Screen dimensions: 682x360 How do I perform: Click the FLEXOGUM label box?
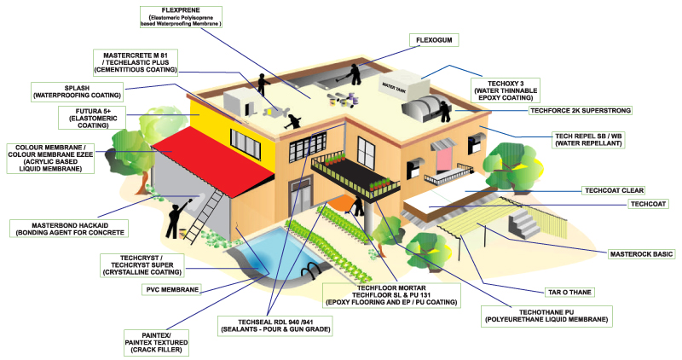point(434,40)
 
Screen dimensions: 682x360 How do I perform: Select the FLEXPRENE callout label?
point(181,17)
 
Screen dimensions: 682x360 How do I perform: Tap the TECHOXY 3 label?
point(506,90)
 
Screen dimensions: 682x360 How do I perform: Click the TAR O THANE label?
point(569,292)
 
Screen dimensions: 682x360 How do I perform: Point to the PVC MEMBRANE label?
point(172,289)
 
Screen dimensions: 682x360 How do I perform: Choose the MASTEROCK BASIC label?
point(641,253)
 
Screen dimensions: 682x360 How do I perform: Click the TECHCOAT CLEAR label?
point(614,190)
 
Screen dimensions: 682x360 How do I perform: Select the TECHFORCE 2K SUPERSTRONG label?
point(581,111)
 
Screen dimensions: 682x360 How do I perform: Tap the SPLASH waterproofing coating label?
point(77,92)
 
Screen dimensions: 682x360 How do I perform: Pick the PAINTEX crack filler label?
point(157,343)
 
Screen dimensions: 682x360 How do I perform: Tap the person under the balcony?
point(357,206)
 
